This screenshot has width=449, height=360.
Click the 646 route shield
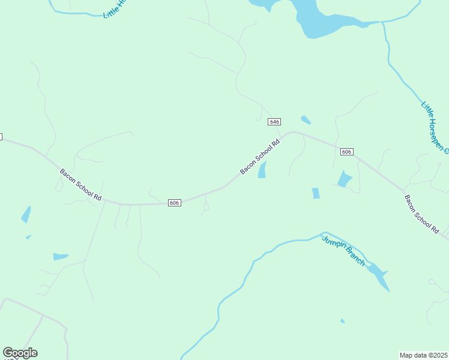click(x=274, y=122)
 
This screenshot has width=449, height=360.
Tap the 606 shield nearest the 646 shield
click(x=346, y=152)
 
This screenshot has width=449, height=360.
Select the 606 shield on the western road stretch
click(x=174, y=203)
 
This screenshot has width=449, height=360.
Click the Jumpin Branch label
click(x=343, y=251)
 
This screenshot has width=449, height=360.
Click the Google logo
click(x=20, y=353)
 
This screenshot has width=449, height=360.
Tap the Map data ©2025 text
click(x=423, y=355)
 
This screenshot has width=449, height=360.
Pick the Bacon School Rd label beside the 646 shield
click(x=261, y=157)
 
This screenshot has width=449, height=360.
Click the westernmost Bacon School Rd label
click(x=80, y=184)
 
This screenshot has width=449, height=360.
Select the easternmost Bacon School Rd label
click(x=422, y=214)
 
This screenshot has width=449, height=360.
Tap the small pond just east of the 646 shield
click(x=306, y=119)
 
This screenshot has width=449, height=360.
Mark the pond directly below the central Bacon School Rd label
click(x=262, y=170)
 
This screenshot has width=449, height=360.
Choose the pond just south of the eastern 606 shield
click(x=344, y=179)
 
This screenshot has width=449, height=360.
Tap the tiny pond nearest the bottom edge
click(x=342, y=321)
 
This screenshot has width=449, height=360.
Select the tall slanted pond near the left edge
click(x=26, y=214)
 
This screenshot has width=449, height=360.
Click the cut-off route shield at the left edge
click(x=1, y=137)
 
